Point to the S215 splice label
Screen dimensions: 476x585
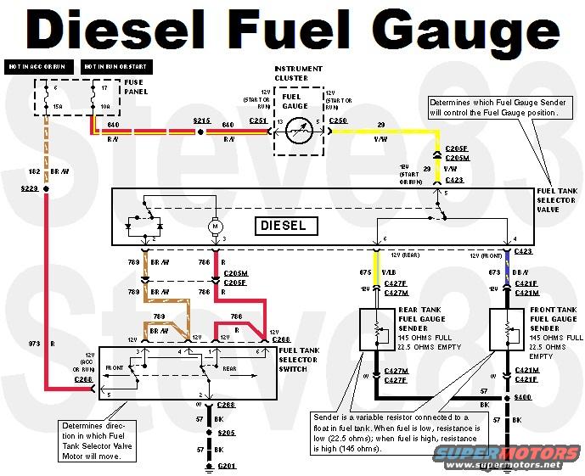pos(201,121)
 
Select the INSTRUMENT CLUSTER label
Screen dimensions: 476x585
pos(298,72)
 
